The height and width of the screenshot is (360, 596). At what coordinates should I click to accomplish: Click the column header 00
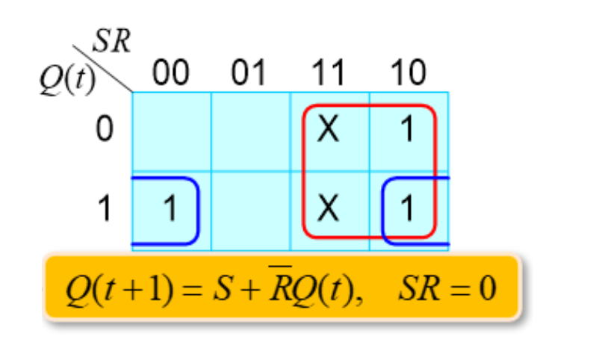pyautogui.click(x=171, y=73)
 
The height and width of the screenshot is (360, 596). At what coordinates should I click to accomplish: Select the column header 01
pyautogui.click(x=249, y=73)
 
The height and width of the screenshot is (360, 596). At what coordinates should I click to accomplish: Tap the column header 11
pyautogui.click(x=328, y=73)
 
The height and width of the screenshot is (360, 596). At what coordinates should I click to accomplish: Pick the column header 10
pyautogui.click(x=407, y=73)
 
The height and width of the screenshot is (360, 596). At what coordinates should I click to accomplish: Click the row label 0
pyautogui.click(x=105, y=131)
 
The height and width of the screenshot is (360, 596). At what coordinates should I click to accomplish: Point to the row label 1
pyautogui.click(x=105, y=209)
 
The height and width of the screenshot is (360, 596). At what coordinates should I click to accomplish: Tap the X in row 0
pyautogui.click(x=328, y=131)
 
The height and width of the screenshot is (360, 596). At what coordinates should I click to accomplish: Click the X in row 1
pyautogui.click(x=328, y=209)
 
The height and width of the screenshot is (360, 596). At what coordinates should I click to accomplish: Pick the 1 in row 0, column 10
pyautogui.click(x=407, y=131)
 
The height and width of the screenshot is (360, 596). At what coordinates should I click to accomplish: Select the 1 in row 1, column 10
pyautogui.click(x=407, y=209)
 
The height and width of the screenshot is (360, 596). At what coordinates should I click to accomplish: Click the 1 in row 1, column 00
pyautogui.click(x=170, y=209)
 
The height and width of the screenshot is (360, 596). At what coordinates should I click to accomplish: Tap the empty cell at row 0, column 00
pyautogui.click(x=172, y=131)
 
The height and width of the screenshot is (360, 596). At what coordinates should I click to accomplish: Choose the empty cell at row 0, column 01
pyautogui.click(x=250, y=131)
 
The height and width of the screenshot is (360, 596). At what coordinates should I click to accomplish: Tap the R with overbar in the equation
pyautogui.click(x=275, y=288)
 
